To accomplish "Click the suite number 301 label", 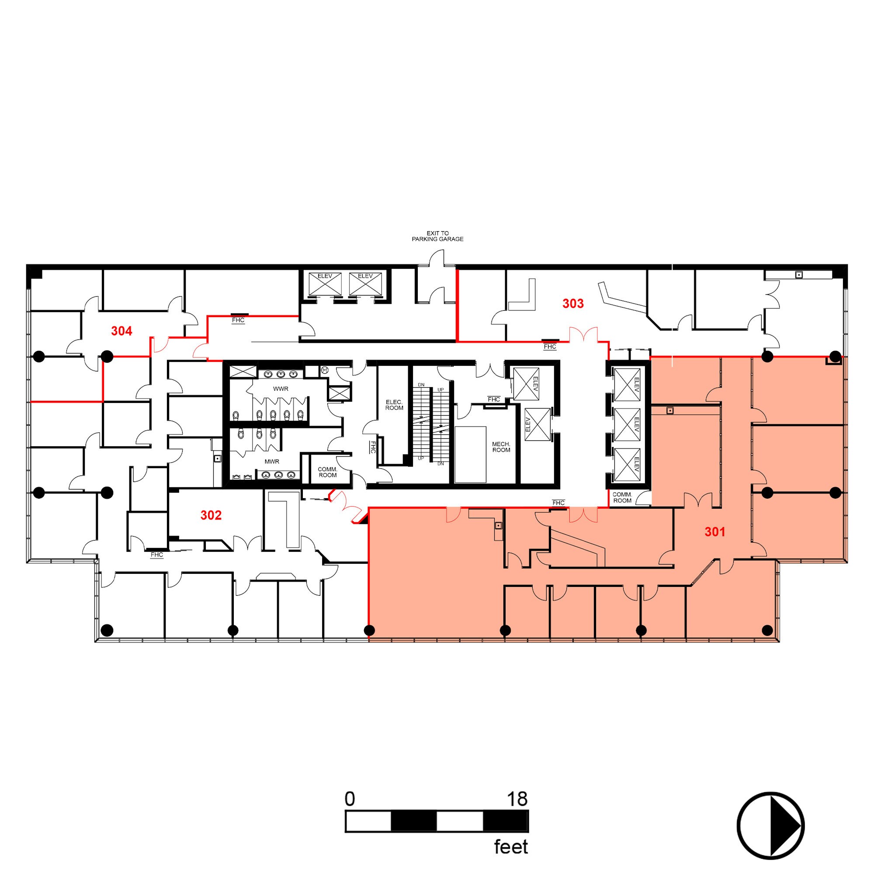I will coord(715,532).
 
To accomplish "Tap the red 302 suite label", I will coord(211,515).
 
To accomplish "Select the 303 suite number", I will coord(573,304).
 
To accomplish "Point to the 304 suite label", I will coord(121,331).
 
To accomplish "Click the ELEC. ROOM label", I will coord(394,405).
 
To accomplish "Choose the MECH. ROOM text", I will coord(501,447).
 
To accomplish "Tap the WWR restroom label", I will coord(281,388).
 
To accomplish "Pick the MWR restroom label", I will coord(272,461).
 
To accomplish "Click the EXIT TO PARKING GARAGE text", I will coord(437,236).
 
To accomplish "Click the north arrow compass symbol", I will coord(770,825).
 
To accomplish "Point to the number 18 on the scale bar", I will coord(517,799).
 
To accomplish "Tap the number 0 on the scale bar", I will coord(350,799).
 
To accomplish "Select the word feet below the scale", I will coord(511,847).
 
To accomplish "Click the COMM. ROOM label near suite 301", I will coord(622,498).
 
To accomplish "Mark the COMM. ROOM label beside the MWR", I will coord(327,472).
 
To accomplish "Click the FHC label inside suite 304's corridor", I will coord(238,320).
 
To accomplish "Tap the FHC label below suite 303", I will coord(550,347).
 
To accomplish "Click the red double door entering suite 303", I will coord(583,335).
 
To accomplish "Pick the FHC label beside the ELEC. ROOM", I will coord(373,447).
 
